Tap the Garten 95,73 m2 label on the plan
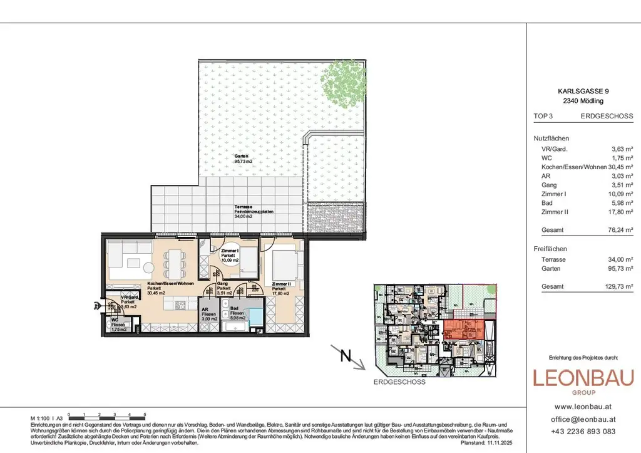[x=242, y=159]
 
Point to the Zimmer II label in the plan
[x=279, y=287]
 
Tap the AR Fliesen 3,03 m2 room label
[x=209, y=314]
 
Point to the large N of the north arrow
[x=344, y=357]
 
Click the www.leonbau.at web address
[x=583, y=405]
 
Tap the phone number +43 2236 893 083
[x=583, y=431]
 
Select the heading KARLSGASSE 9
[x=583, y=91]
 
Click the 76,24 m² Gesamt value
[x=617, y=229]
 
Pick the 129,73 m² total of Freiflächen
[x=616, y=286]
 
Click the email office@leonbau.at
[x=583, y=419]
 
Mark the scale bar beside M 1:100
[x=107, y=417]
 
